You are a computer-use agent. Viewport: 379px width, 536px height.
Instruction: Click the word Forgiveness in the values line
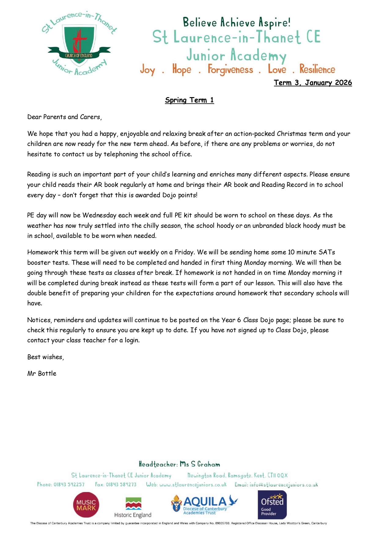click(230, 70)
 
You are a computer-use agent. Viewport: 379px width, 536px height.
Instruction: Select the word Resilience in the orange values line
click(317, 69)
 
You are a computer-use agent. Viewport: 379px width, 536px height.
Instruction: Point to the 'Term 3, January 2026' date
click(313, 83)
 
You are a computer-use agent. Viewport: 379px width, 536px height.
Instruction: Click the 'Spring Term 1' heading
click(189, 100)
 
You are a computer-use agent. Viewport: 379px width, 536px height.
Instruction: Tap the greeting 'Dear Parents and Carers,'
click(64, 117)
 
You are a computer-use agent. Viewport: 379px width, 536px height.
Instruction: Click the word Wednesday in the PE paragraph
click(99, 215)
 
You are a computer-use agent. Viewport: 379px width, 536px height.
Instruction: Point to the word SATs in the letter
click(327, 252)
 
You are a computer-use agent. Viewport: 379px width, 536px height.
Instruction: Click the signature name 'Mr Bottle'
click(42, 374)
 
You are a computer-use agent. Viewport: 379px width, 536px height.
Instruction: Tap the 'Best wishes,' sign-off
click(46, 357)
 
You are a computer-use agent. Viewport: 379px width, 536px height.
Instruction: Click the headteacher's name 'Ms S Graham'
click(200, 464)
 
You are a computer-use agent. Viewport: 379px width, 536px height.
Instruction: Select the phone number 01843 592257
click(69, 484)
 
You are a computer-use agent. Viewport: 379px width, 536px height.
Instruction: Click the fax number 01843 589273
click(121, 484)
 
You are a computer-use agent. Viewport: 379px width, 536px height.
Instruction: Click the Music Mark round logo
click(86, 505)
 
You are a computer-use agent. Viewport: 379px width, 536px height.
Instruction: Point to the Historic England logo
click(133, 507)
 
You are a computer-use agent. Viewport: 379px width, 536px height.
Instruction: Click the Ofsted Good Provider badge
click(272, 505)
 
